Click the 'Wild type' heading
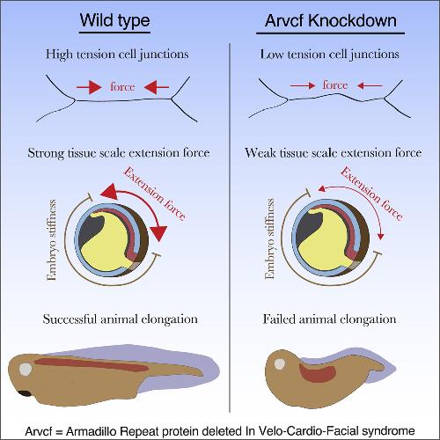115,20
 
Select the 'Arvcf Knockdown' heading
331,20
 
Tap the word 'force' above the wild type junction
122,87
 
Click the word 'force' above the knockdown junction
335,85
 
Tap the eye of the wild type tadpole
26,369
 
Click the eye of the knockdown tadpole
280,364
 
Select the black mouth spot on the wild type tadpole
25,393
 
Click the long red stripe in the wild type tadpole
91,364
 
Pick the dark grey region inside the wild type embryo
91,228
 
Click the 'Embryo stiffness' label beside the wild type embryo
51,240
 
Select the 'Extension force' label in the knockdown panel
371,194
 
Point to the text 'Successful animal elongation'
121,319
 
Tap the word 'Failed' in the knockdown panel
279,319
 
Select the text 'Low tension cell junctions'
330,55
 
